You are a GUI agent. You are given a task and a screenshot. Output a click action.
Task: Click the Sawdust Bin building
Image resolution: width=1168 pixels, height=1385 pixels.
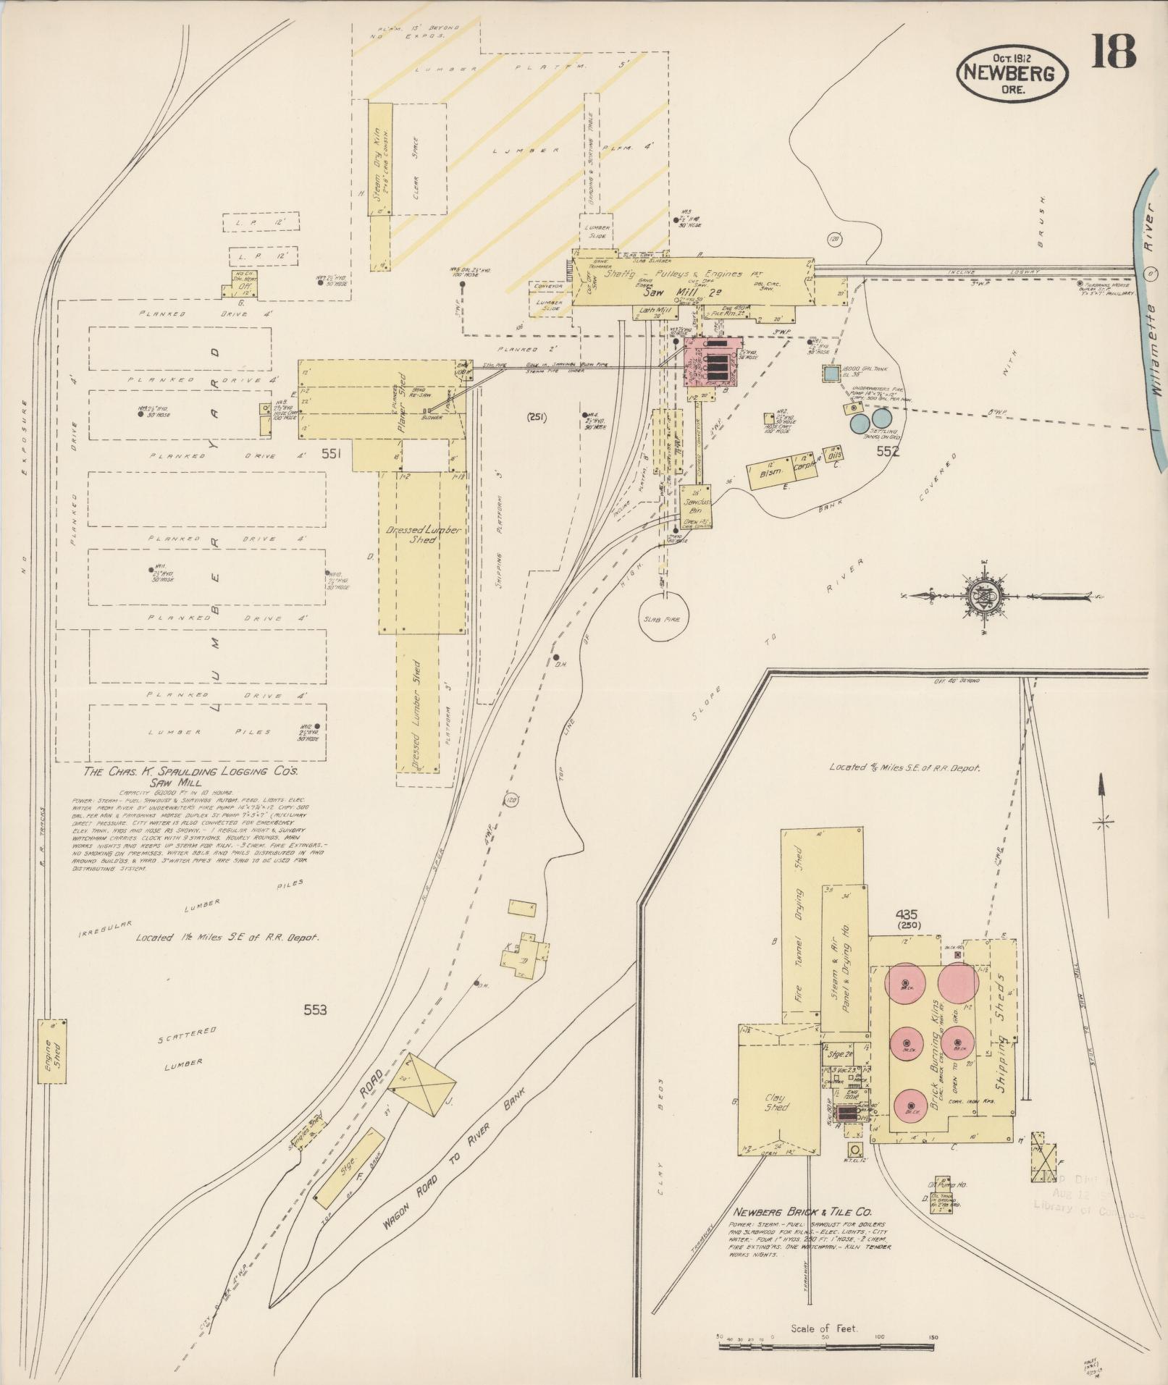point(696,505)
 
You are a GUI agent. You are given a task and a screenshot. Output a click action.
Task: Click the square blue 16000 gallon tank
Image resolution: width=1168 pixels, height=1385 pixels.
point(830,375)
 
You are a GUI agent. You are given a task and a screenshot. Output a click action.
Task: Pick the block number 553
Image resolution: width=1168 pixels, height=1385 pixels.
point(315,1009)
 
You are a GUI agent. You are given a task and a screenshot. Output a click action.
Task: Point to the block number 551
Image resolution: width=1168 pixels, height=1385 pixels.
point(335,454)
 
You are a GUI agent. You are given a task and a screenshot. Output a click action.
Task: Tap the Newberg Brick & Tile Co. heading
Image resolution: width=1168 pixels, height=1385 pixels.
point(802,1211)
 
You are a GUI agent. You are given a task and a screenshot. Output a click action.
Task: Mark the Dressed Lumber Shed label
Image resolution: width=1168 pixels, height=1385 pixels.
point(423,534)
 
